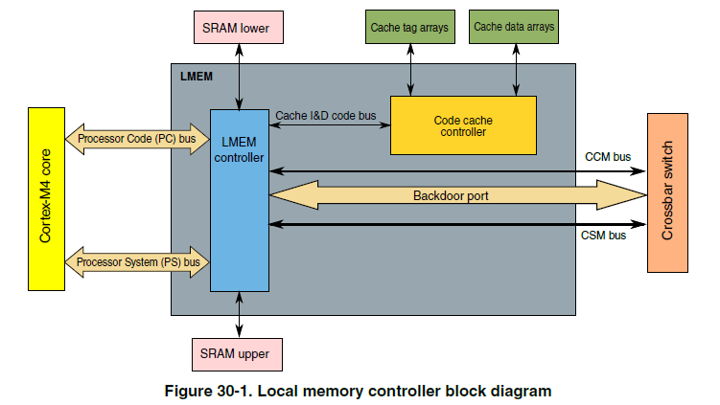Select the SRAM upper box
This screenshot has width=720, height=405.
[238, 353]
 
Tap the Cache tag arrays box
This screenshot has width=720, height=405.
[409, 28]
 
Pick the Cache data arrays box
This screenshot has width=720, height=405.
[513, 28]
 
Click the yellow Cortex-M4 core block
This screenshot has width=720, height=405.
[45, 199]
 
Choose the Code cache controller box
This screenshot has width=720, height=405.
[460, 124]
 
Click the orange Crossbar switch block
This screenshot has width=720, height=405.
[669, 191]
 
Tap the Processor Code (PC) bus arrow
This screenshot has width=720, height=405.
[137, 139]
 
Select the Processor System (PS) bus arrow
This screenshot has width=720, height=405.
[137, 261]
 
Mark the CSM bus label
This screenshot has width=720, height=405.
[604, 236]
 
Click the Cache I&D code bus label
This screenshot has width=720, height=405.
[326, 116]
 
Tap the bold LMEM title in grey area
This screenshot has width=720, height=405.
[196, 75]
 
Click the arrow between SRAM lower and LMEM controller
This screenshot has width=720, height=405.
[238, 76]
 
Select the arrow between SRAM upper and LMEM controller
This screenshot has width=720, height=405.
[238, 314]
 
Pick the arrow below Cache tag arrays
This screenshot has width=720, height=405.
[410, 69]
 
